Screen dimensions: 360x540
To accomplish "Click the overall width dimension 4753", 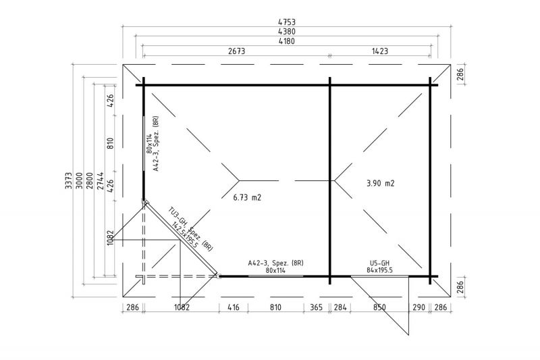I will [286, 22].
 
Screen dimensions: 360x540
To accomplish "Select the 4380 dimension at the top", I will [286, 31].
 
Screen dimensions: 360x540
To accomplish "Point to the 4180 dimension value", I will [286, 41].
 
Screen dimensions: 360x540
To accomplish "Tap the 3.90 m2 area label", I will [380, 183].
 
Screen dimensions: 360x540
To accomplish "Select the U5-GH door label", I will [379, 262].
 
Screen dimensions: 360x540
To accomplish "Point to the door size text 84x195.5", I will [379, 269].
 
